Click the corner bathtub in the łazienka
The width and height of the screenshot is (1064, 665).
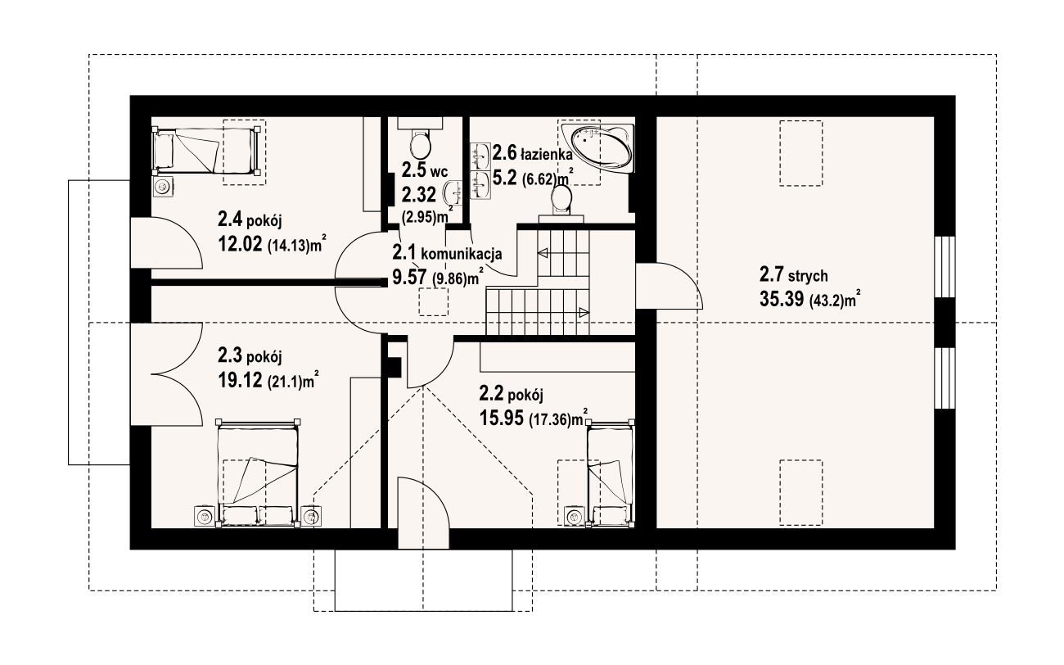pos(597,148)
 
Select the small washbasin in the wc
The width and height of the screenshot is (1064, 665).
pos(453,193)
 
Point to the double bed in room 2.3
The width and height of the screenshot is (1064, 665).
pos(258,473)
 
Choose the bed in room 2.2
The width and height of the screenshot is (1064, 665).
pos(611,473)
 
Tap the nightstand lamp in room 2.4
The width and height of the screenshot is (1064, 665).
pos(164,186)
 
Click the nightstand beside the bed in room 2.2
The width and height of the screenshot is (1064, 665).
pos(575,516)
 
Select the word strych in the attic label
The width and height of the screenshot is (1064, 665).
pos(808,276)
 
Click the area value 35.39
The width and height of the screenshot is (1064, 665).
pos(782,299)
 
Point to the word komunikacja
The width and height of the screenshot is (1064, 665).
pos(462,255)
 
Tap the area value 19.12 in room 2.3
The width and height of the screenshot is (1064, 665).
pos(240,380)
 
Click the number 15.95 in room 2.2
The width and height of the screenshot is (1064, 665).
pos(501,418)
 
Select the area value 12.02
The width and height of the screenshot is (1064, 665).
pos(240,244)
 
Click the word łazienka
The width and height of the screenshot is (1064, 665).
pos(547,155)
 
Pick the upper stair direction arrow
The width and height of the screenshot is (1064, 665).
pos(543,253)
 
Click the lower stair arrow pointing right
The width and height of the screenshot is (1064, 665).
pos(584,312)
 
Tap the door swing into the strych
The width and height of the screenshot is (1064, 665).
pos(670,285)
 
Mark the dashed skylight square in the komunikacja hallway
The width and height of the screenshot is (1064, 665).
pos(433,303)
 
